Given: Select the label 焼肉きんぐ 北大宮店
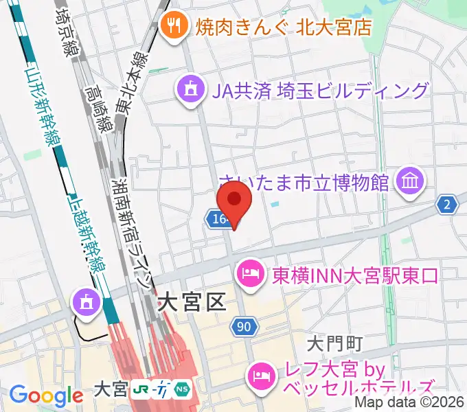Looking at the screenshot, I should tap(284, 27).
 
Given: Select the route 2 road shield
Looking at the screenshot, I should tap(448, 204).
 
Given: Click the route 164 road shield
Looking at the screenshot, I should tap(215, 219).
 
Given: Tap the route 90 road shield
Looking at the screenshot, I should tap(244, 327).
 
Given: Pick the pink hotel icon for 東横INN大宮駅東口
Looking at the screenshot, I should tap(249, 275).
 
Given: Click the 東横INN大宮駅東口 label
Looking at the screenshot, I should tap(355, 275).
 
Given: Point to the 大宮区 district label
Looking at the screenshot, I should tap(192, 301).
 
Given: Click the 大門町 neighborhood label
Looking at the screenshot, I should tap(334, 341).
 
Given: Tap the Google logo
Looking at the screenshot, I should tap(46, 396).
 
